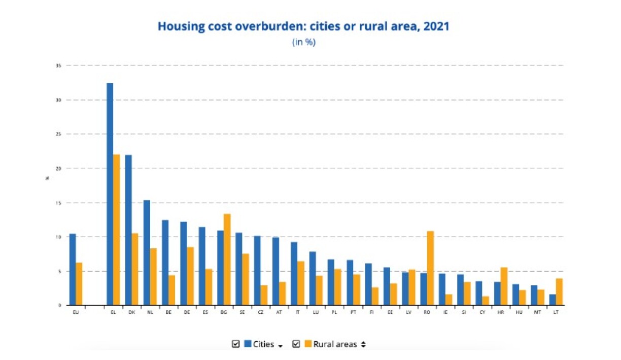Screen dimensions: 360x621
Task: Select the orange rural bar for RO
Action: click(430, 268)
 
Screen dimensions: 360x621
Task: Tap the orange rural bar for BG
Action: click(227, 259)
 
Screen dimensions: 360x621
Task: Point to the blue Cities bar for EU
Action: click(73, 269)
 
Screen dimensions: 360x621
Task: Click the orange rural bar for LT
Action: click(559, 292)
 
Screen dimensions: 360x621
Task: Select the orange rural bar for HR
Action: click(504, 286)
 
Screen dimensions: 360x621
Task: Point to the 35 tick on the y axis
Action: click(59, 66)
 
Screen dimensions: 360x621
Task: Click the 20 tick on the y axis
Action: click(59, 169)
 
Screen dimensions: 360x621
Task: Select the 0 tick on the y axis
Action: click(60, 305)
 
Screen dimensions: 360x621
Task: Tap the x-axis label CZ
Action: click(261, 312)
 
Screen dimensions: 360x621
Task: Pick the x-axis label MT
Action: click(537, 312)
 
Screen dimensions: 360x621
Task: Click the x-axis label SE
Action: click(242, 312)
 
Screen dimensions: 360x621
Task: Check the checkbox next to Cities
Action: click(235, 344)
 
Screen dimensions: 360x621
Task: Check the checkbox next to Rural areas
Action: click(296, 344)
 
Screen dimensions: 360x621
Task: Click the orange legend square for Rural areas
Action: click(307, 344)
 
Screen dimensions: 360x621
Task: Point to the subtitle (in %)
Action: click(303, 42)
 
